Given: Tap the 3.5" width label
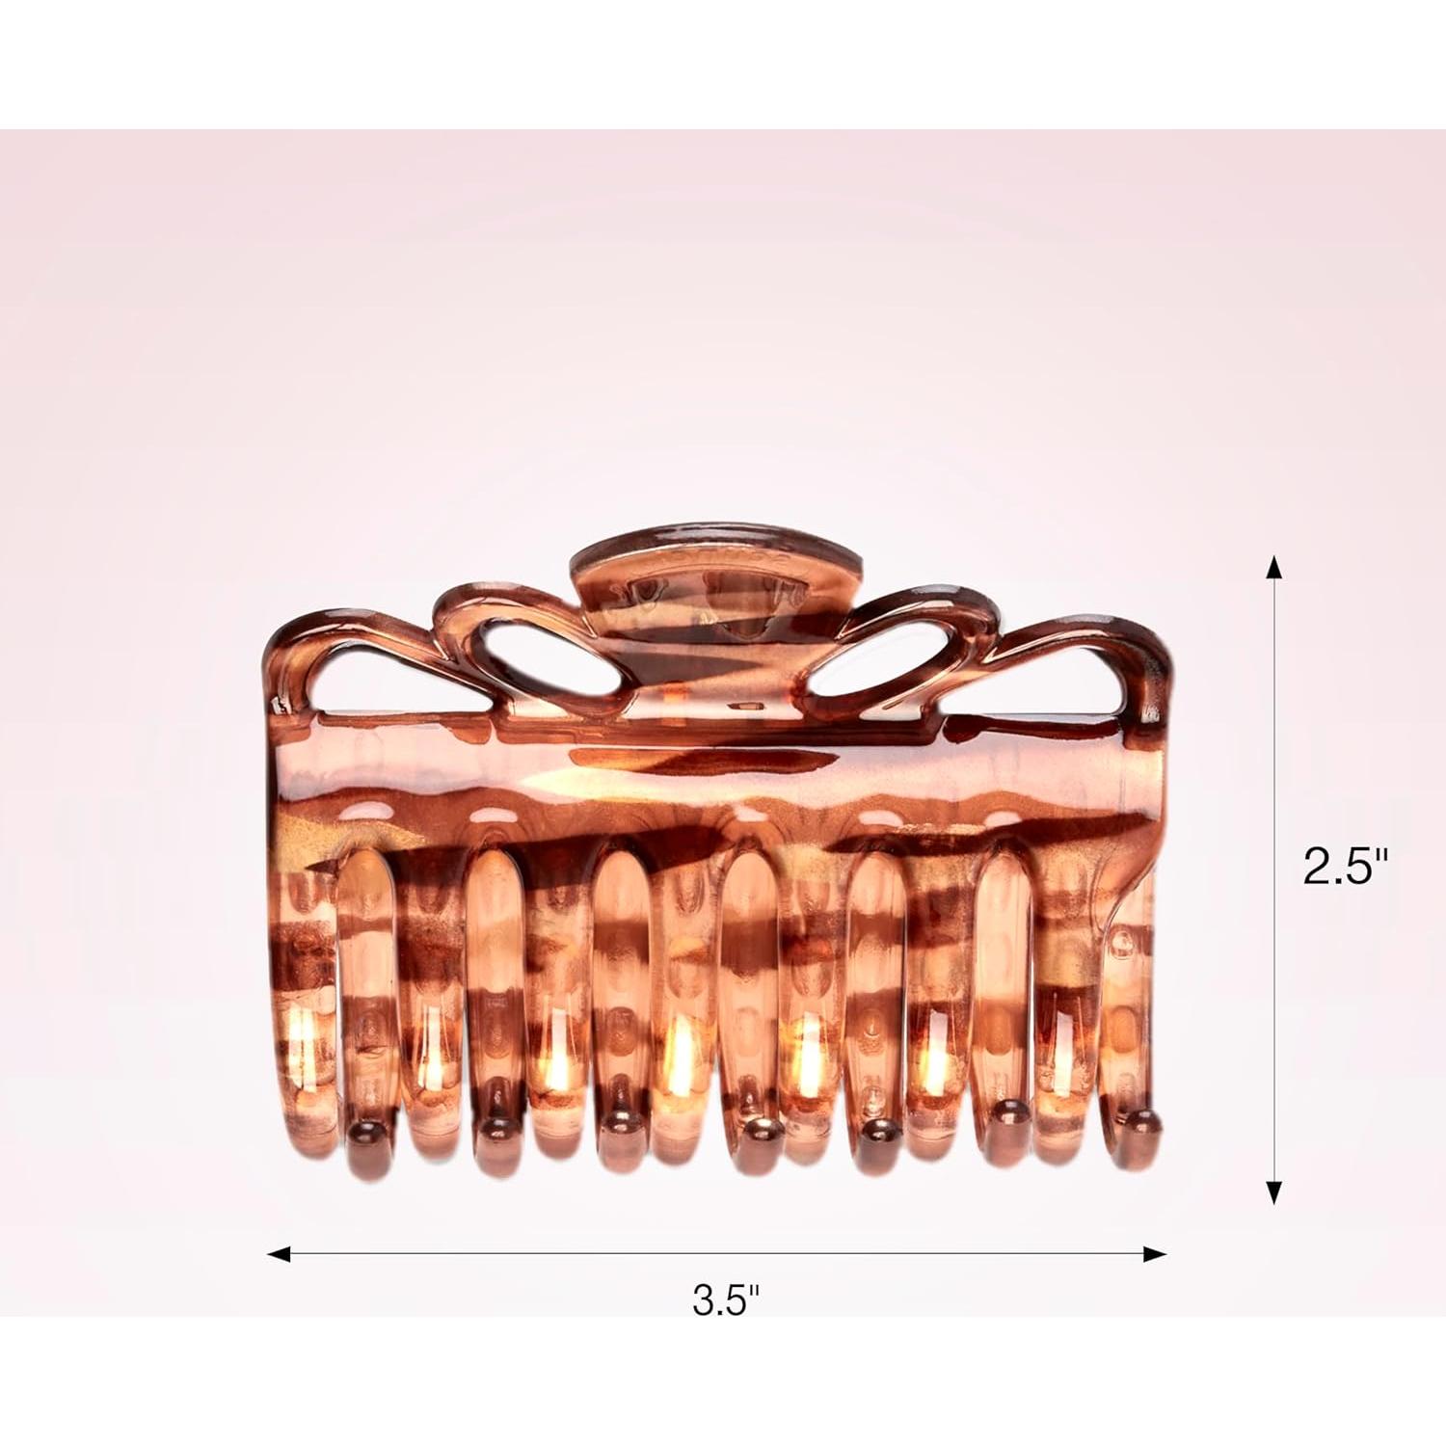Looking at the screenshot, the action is coord(726,1301).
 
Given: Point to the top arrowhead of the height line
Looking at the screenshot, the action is coord(1274,567).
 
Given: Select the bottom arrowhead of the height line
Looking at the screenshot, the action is coord(1274,1192).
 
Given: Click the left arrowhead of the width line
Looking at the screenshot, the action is coord(279,1254).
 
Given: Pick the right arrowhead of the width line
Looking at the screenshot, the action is coord(1154,1254).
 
